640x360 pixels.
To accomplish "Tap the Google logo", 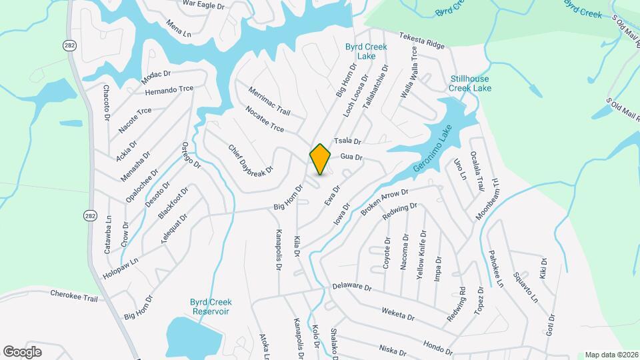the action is (x=23, y=351).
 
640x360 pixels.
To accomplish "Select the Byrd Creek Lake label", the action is (x=361, y=51).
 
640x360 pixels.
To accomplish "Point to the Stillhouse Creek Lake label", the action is (x=469, y=83).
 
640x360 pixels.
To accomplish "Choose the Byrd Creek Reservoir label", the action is (x=210, y=307).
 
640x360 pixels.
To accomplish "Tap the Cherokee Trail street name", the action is (x=73, y=295).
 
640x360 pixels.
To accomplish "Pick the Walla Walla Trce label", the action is (x=409, y=73).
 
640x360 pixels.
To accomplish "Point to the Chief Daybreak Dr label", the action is (x=251, y=161).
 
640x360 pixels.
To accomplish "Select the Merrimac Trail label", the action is (x=269, y=99).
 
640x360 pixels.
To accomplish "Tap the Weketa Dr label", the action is (x=398, y=315).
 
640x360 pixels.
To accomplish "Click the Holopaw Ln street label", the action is (x=120, y=267).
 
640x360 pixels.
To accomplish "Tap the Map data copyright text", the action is (x=611, y=355).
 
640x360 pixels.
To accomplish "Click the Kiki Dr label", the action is (x=543, y=269).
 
